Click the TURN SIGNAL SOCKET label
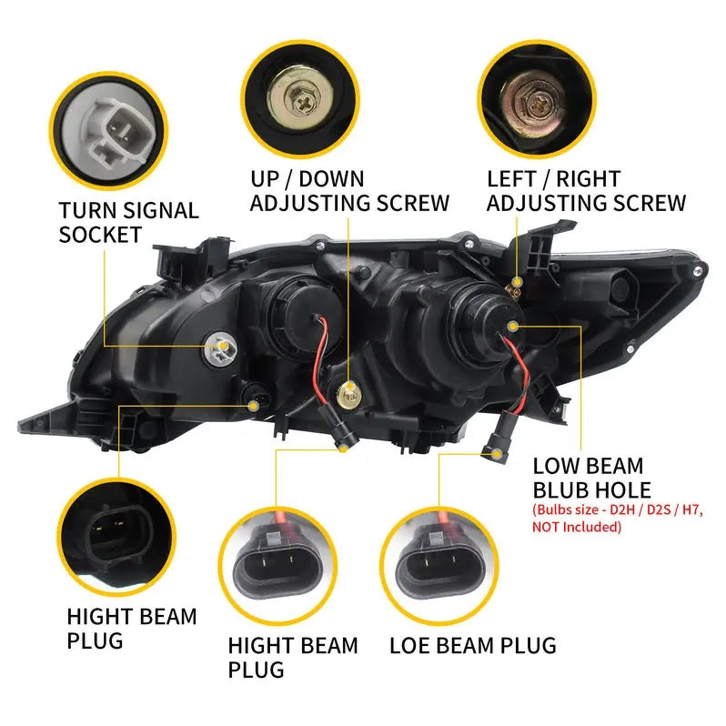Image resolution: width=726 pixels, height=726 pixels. [x=128, y=222]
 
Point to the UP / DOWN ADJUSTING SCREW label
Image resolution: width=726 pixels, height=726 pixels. [x=349, y=190]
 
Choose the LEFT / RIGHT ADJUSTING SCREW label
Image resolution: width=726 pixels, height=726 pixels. [x=586, y=190]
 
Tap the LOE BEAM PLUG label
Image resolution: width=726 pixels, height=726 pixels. [x=471, y=645]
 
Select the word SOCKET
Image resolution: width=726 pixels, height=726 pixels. [x=100, y=235]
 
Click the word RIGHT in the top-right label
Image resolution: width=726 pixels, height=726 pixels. [x=585, y=178]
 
